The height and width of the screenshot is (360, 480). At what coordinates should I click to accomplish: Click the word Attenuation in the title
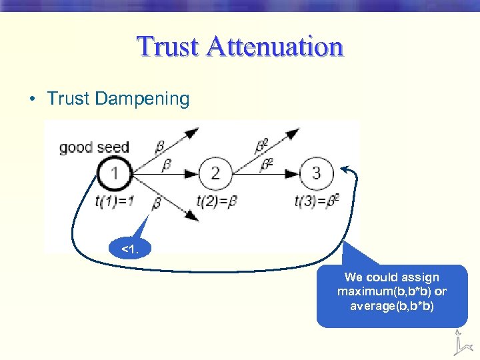(275, 47)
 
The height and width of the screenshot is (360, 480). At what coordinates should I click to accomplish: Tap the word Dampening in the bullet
(142, 99)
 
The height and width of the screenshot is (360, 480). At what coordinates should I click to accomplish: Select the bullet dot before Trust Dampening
(31, 99)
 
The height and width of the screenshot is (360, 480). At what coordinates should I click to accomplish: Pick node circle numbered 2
(215, 173)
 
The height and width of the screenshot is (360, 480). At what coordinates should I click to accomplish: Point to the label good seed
(93, 147)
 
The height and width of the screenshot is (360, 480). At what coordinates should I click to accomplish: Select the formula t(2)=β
(217, 200)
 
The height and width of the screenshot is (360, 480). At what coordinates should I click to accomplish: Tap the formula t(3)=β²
(317, 200)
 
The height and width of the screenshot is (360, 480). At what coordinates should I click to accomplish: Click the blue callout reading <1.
(131, 249)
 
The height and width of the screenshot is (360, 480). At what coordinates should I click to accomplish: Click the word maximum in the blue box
(364, 291)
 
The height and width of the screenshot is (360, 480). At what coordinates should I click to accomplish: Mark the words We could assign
(392, 277)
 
